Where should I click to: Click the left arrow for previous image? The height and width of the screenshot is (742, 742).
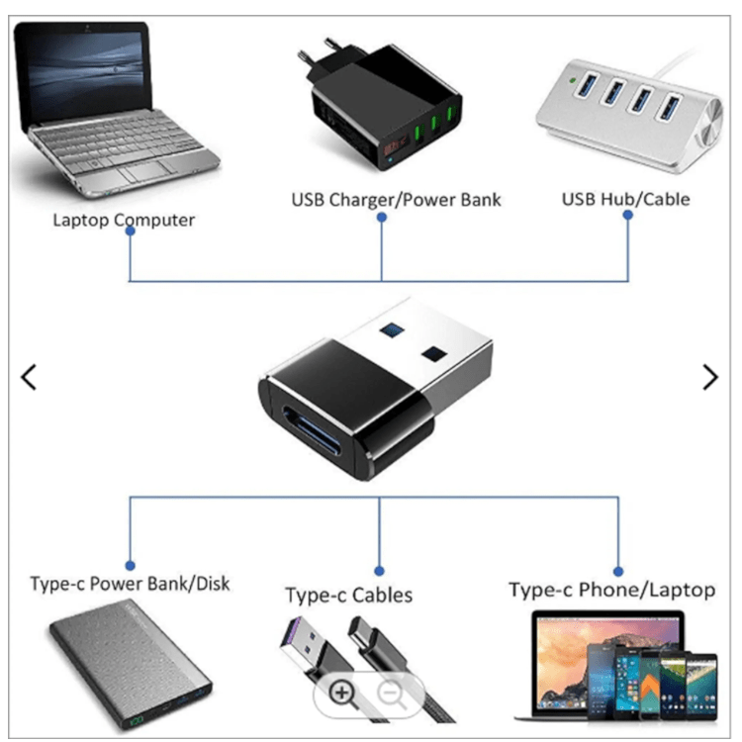pyautogui.click(x=29, y=377)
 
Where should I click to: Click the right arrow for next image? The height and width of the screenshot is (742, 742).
pyautogui.click(x=709, y=377)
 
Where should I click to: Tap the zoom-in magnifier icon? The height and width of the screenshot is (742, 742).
pyautogui.click(x=343, y=693)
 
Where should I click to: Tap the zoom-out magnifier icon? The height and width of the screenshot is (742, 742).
pyautogui.click(x=393, y=693)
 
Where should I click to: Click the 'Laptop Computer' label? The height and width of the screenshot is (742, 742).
pyautogui.click(x=124, y=220)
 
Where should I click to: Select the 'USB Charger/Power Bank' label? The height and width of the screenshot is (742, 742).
pyautogui.click(x=396, y=200)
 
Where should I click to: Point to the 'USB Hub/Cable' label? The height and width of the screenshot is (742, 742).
pyautogui.click(x=625, y=199)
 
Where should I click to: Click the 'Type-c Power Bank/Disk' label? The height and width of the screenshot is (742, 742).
pyautogui.click(x=130, y=583)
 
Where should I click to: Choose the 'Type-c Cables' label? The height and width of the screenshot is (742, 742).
pyautogui.click(x=348, y=596)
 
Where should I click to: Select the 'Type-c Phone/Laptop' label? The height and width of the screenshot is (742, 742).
pyautogui.click(x=611, y=591)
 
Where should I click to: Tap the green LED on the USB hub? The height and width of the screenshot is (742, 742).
pyautogui.click(x=571, y=75)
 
